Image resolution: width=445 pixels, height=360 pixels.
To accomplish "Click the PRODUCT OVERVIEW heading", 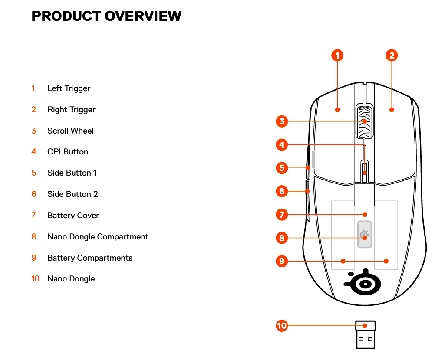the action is tap(106, 16).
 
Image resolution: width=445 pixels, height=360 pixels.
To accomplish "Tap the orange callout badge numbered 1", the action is tap(337, 55).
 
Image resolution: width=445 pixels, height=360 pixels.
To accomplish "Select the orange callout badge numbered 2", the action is tap(392, 55).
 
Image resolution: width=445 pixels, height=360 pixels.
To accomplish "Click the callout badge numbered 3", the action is tap(282, 121).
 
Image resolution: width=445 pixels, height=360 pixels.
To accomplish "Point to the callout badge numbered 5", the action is tap(282, 168).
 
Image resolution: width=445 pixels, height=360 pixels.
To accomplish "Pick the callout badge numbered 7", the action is tap(282, 215).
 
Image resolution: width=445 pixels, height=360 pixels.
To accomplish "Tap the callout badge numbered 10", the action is tap(282, 326).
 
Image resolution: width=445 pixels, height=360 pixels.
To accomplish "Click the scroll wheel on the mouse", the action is tap(365, 121).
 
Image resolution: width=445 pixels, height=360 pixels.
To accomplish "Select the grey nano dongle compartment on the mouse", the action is tap(365, 234).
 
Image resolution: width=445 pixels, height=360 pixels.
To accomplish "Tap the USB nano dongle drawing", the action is tap(366, 335).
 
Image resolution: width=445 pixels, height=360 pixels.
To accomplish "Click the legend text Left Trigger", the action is tap(69, 88).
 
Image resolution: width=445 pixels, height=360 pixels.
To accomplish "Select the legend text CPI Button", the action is tap(68, 152).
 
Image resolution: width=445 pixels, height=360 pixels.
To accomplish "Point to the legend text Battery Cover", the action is tap(73, 216).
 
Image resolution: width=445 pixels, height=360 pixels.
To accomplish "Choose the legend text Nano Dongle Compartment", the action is tap(98, 237).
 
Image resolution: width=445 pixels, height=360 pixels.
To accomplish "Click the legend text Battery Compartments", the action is tap(90, 258).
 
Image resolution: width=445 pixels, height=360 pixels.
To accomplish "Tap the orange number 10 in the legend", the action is tap(35, 278).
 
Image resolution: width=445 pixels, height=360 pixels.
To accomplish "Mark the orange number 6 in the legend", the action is tap(34, 194).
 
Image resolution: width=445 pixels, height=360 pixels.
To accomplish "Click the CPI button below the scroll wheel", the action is tap(365, 172).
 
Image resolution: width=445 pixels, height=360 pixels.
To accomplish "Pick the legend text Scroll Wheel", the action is tap(70, 131).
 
